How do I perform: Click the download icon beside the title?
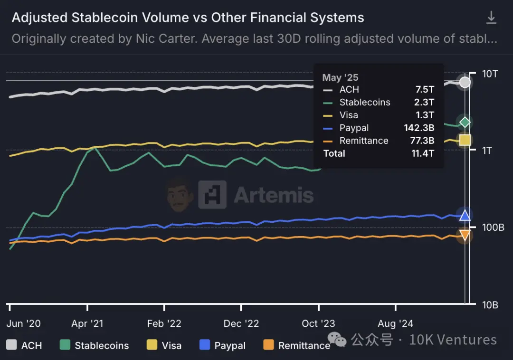click(491, 18)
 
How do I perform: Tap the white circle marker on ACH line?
click(465, 82)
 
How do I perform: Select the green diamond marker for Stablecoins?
click(465, 122)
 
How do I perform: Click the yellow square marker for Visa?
click(465, 140)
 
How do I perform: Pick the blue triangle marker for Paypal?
click(465, 215)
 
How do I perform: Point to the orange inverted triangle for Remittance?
click(465, 235)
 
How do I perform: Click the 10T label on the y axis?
click(490, 74)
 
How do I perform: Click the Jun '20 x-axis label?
click(24, 324)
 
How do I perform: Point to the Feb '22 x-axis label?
click(164, 324)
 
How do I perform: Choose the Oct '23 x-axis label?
click(318, 324)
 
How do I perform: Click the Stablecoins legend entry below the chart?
click(102, 345)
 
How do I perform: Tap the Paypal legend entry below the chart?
click(230, 345)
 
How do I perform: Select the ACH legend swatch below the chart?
click(11, 345)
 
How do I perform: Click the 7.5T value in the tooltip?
click(424, 89)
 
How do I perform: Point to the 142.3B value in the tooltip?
click(418, 128)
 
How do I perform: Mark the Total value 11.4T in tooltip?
click(422, 153)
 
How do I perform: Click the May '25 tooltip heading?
click(340, 77)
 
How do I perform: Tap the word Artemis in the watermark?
click(274, 195)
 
